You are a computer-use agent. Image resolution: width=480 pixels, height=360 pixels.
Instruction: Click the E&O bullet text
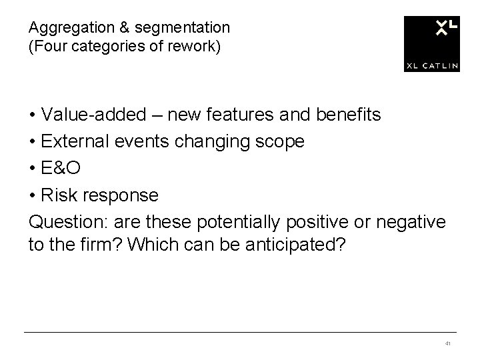point(61,169)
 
